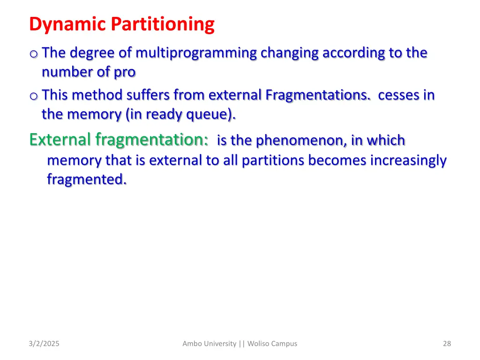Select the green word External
tap(60, 140)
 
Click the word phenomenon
tap(300, 140)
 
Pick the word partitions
tap(273, 160)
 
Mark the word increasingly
tap(408, 160)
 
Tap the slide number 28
tap(447, 344)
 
